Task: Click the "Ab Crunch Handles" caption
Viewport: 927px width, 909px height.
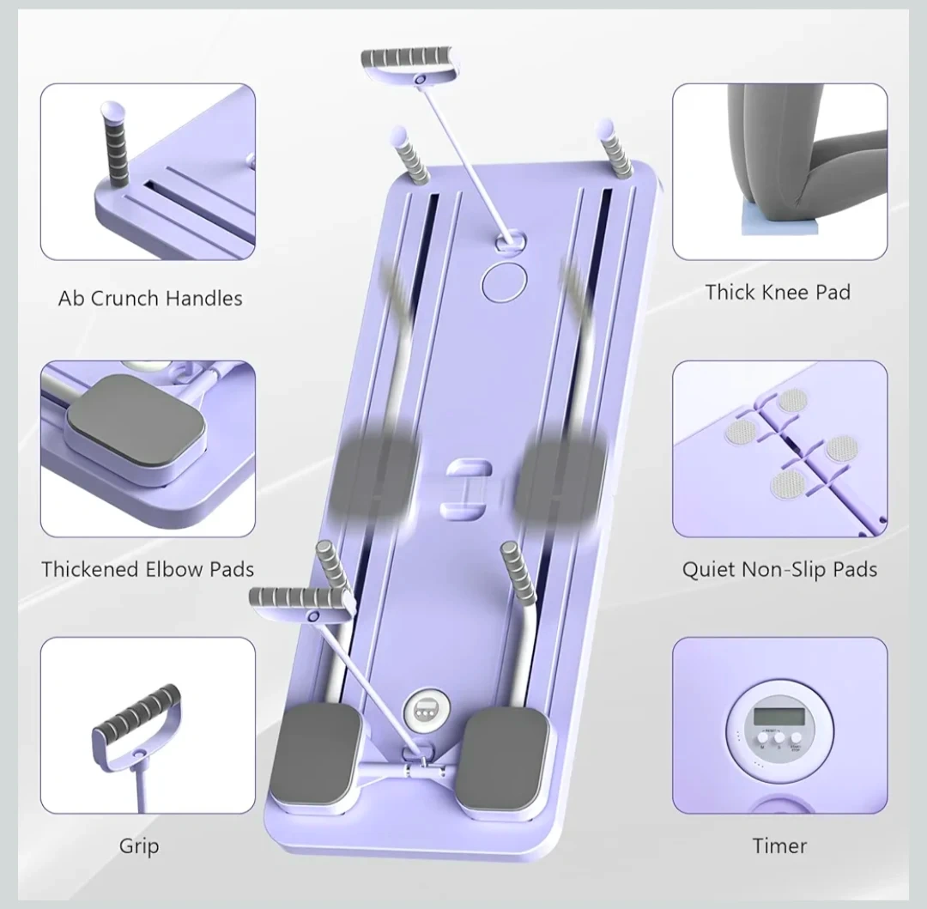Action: pyautogui.click(x=150, y=298)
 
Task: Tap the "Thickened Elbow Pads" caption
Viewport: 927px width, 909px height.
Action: pyautogui.click(x=148, y=569)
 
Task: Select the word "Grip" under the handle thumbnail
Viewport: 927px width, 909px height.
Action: pyautogui.click(x=140, y=846)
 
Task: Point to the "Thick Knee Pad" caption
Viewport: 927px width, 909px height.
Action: pyautogui.click(x=778, y=292)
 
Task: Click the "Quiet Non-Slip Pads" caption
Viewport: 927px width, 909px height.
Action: pyautogui.click(x=779, y=569)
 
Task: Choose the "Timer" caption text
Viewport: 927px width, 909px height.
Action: pyautogui.click(x=779, y=845)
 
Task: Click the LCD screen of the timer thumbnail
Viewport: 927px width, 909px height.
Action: pyautogui.click(x=779, y=717)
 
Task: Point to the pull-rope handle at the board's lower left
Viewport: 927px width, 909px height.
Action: pyautogui.click(x=300, y=603)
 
